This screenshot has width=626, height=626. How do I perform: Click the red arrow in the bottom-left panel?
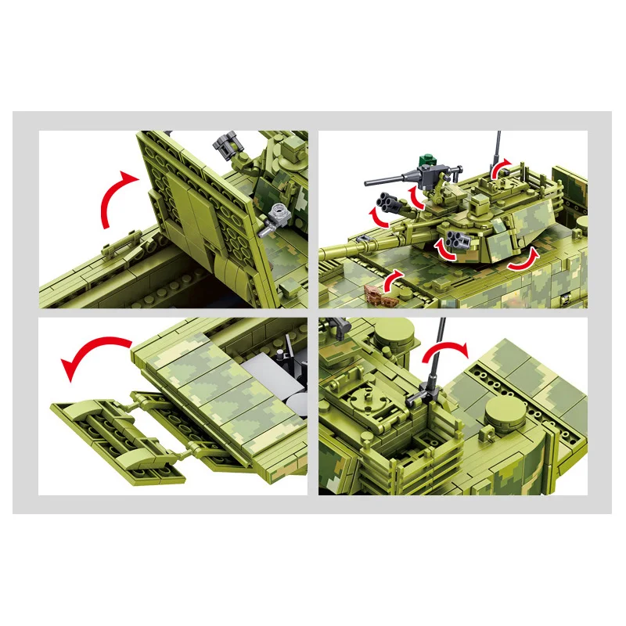(94, 354)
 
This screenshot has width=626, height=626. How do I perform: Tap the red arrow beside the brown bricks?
(394, 278)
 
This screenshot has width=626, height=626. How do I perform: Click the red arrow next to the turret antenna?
(501, 167)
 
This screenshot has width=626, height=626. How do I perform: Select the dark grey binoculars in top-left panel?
(224, 145)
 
